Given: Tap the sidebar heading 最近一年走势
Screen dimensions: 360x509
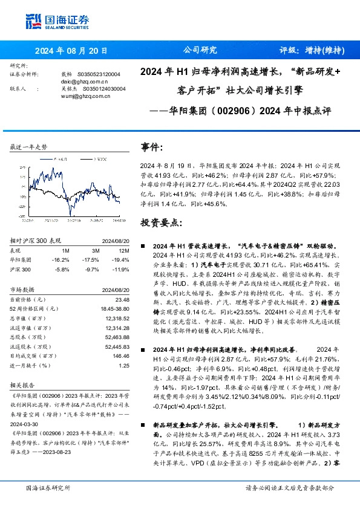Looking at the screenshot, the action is click(29, 147).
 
